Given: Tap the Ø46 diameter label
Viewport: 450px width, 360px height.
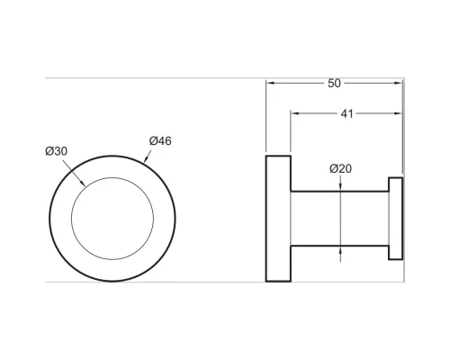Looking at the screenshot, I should pyautogui.click(x=161, y=141).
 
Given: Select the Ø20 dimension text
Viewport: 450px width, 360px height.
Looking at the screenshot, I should pyautogui.click(x=339, y=168).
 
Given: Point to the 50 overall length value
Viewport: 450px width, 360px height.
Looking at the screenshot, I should pyautogui.click(x=334, y=83).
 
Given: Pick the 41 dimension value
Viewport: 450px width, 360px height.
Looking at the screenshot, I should pyautogui.click(x=346, y=114).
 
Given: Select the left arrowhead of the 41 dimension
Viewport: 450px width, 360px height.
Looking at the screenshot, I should pyautogui.click(x=293, y=114).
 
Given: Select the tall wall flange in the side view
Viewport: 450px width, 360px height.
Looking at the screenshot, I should pyautogui.click(x=277, y=219).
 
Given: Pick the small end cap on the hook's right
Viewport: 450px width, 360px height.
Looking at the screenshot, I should pyautogui.click(x=394, y=219).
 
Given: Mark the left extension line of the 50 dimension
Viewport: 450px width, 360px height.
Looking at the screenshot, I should pyautogui.click(x=266, y=117).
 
